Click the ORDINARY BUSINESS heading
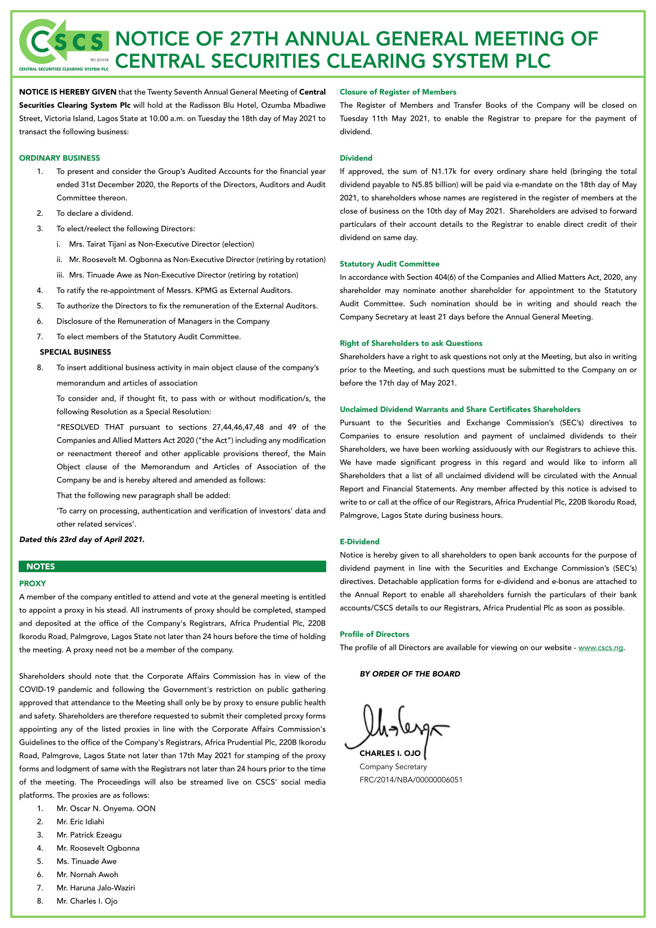click(x=59, y=158)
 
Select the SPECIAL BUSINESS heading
click(x=75, y=352)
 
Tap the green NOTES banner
click(x=172, y=566)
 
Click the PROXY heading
click(x=32, y=584)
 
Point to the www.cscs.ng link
click(x=600, y=647)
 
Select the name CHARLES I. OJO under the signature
click(x=390, y=753)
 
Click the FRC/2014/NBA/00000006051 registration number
click(x=411, y=780)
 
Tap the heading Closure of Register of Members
click(x=398, y=92)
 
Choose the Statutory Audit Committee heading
click(x=389, y=264)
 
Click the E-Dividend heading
click(x=359, y=541)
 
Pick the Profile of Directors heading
click(x=374, y=634)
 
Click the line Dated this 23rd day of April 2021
click(x=82, y=539)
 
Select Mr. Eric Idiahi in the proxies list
click(x=80, y=822)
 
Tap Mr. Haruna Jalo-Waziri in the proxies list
click(x=96, y=888)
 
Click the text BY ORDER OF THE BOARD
click(x=410, y=674)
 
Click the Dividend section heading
click(x=356, y=158)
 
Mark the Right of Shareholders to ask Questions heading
click(x=411, y=343)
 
